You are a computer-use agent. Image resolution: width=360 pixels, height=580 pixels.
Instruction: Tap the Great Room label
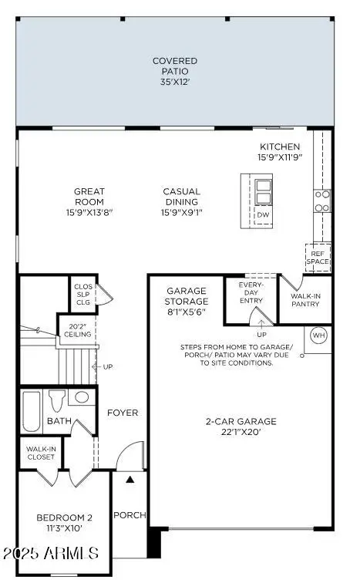pyautogui.click(x=89, y=197)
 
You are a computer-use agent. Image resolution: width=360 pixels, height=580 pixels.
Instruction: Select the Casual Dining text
pyautogui.click(x=181, y=197)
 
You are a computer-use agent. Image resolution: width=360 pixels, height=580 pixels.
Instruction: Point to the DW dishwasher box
pyautogui.click(x=263, y=214)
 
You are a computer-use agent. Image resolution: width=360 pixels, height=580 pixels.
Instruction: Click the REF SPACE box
pyautogui.click(x=318, y=256)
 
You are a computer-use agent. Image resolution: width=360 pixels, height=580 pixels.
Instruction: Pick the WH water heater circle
pyautogui.click(x=318, y=336)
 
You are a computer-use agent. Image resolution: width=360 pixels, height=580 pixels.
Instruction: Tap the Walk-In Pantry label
pyautogui.click(x=306, y=301)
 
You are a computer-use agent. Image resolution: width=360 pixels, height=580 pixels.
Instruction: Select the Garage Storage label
pyautogui.click(x=187, y=301)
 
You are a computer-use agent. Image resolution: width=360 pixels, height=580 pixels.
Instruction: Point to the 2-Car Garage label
pyautogui.click(x=241, y=427)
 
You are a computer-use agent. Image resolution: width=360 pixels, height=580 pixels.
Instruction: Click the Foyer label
pyautogui.click(x=123, y=413)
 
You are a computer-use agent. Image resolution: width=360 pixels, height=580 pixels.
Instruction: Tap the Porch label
pyautogui.click(x=130, y=514)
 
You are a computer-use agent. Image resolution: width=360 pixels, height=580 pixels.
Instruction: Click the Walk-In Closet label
pyautogui.click(x=40, y=452)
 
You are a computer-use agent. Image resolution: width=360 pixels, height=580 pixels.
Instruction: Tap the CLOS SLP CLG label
pyautogui.click(x=82, y=293)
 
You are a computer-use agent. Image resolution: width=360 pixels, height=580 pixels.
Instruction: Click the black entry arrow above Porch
pyautogui.click(x=130, y=479)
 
